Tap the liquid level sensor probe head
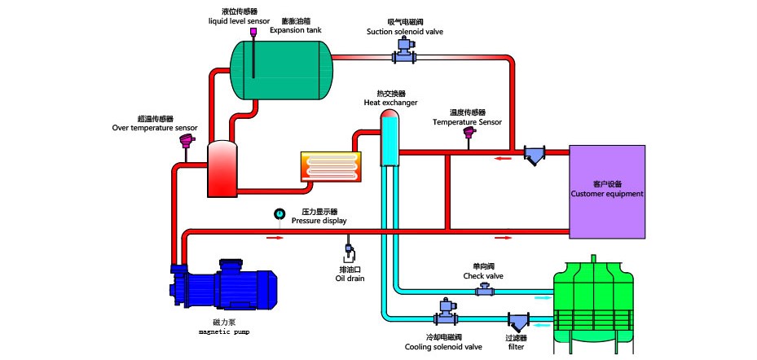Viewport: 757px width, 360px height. (254, 33)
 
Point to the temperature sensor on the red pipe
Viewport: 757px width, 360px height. (469, 133)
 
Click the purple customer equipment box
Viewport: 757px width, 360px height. (607, 191)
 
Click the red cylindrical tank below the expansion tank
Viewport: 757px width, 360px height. (222, 169)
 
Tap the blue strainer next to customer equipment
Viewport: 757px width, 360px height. (535, 155)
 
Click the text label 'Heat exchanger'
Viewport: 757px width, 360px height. (390, 103)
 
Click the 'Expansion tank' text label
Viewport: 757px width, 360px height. (296, 29)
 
